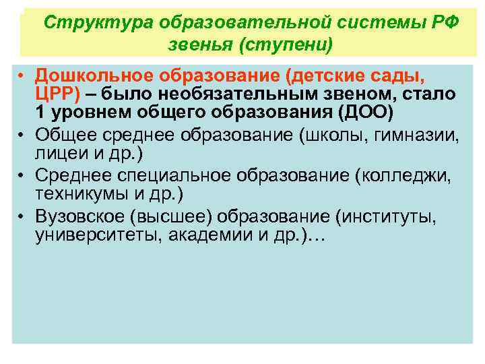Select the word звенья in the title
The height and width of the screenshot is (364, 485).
(x=198, y=45)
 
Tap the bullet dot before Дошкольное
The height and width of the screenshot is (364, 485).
(x=22, y=74)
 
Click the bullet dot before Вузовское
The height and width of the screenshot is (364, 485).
(x=22, y=217)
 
